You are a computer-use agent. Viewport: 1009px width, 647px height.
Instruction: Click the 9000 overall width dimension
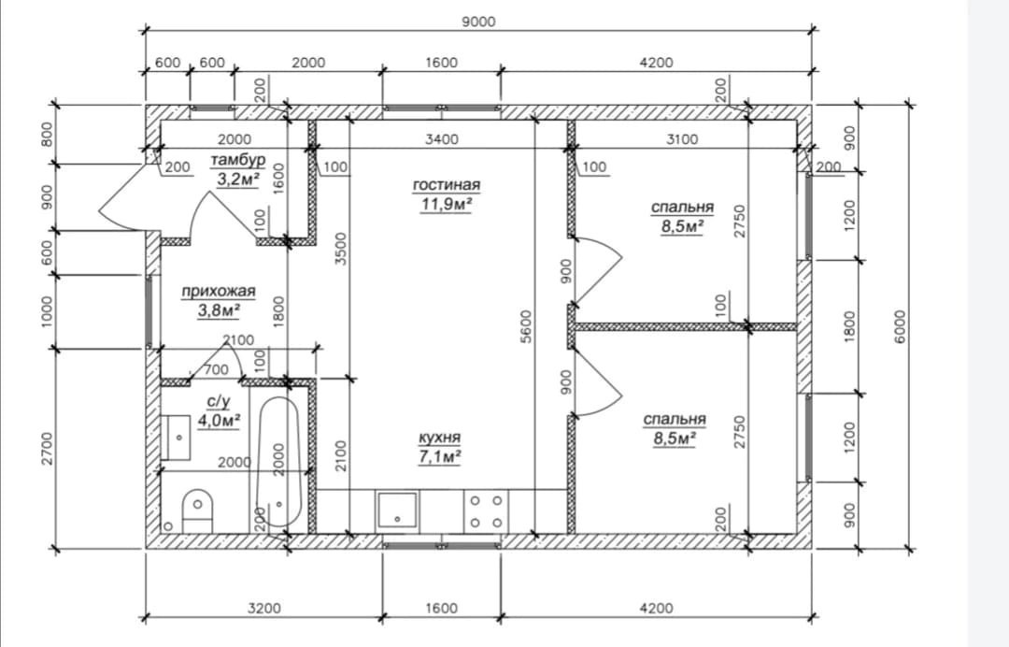tap(478, 22)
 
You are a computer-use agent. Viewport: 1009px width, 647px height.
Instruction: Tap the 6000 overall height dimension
tap(901, 326)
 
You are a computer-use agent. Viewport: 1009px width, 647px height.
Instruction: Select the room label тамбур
tap(237, 159)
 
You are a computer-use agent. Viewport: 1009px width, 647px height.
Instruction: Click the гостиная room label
tap(446, 185)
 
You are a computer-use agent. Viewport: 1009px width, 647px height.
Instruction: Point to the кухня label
tap(439, 438)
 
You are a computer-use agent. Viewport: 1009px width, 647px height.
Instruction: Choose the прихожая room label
tap(218, 292)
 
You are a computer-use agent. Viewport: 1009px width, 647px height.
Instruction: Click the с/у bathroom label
tap(218, 402)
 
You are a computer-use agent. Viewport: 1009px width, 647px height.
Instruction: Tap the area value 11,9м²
tap(446, 205)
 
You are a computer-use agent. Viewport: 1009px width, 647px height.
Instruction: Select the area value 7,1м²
tap(439, 456)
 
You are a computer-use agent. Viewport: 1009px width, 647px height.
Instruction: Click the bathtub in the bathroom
tap(278, 462)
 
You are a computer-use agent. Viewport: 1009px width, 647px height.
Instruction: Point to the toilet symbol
tap(197, 510)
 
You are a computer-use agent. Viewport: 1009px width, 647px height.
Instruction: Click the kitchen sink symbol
tap(397, 512)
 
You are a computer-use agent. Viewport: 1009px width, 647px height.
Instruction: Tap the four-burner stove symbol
tap(486, 511)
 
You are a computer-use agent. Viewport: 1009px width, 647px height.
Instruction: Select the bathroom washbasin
tap(175, 438)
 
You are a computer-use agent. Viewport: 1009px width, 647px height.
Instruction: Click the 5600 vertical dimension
tap(526, 326)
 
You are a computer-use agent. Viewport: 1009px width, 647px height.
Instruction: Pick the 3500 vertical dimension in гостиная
tap(341, 249)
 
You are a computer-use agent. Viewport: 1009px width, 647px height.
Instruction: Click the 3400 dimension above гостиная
tap(442, 139)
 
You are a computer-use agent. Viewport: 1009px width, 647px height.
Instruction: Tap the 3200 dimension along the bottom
tap(263, 608)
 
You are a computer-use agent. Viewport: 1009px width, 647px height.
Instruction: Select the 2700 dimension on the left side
tap(47, 450)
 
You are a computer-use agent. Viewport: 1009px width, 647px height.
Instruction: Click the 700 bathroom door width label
tap(216, 369)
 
